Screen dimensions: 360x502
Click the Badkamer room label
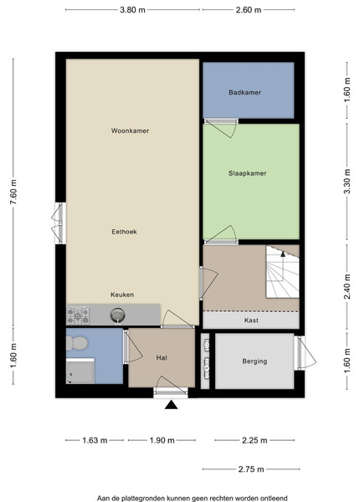(244, 93)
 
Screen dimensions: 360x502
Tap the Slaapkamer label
(247, 173)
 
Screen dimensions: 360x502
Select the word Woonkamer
(130, 131)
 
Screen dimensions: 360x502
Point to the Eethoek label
(124, 232)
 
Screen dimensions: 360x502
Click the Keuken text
(122, 295)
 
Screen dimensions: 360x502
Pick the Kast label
(251, 320)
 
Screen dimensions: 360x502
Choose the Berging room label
(255, 361)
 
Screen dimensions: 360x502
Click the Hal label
(162, 358)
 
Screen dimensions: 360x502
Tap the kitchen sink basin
(118, 315)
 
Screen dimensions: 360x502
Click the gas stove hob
(78, 315)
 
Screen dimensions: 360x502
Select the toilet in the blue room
(77, 343)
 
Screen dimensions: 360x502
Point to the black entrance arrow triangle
(171, 405)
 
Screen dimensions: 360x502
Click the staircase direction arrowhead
(283, 254)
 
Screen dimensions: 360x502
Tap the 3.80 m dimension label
(132, 10)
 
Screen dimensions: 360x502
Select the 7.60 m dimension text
(13, 192)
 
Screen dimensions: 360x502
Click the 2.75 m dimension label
(251, 469)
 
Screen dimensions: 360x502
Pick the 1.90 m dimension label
(162, 441)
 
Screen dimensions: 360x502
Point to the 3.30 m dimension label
(347, 182)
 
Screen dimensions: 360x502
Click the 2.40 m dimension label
(347, 286)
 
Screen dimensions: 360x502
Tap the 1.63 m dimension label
(95, 441)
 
